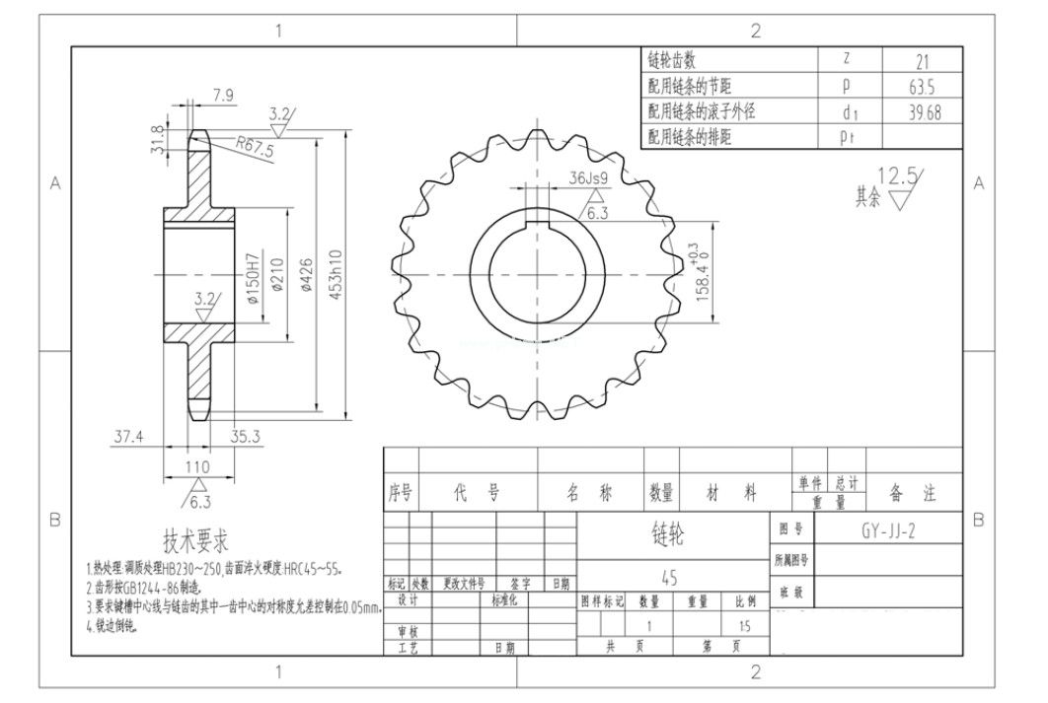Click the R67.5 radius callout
[x=257, y=149]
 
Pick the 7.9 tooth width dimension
[x=223, y=96]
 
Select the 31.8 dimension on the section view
[x=156, y=140]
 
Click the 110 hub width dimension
[x=198, y=466]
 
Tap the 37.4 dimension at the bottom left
[x=129, y=436]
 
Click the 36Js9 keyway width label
[x=588, y=177]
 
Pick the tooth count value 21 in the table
[x=922, y=61]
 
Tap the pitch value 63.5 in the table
[x=922, y=87]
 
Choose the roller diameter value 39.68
[x=922, y=112]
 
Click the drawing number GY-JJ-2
[x=887, y=530]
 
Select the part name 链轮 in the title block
[x=668, y=533]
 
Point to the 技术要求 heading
[x=196, y=540]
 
